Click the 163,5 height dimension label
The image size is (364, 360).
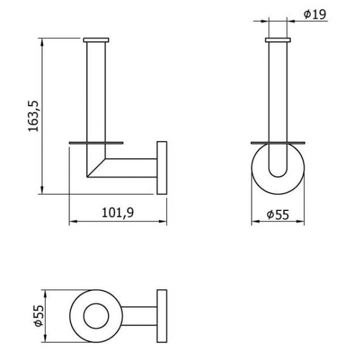coord(33,116)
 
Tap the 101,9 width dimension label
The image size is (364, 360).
coord(118,213)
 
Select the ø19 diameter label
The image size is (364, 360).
coord(315,15)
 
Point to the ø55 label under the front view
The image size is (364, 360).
coord(278,215)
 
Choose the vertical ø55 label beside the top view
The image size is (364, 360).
coord(39,316)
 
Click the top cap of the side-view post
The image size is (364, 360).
coord(96,40)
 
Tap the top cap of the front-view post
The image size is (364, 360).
coord(278,40)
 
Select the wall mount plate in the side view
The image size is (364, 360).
coord(162,168)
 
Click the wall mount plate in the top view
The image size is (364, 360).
coord(162,316)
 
